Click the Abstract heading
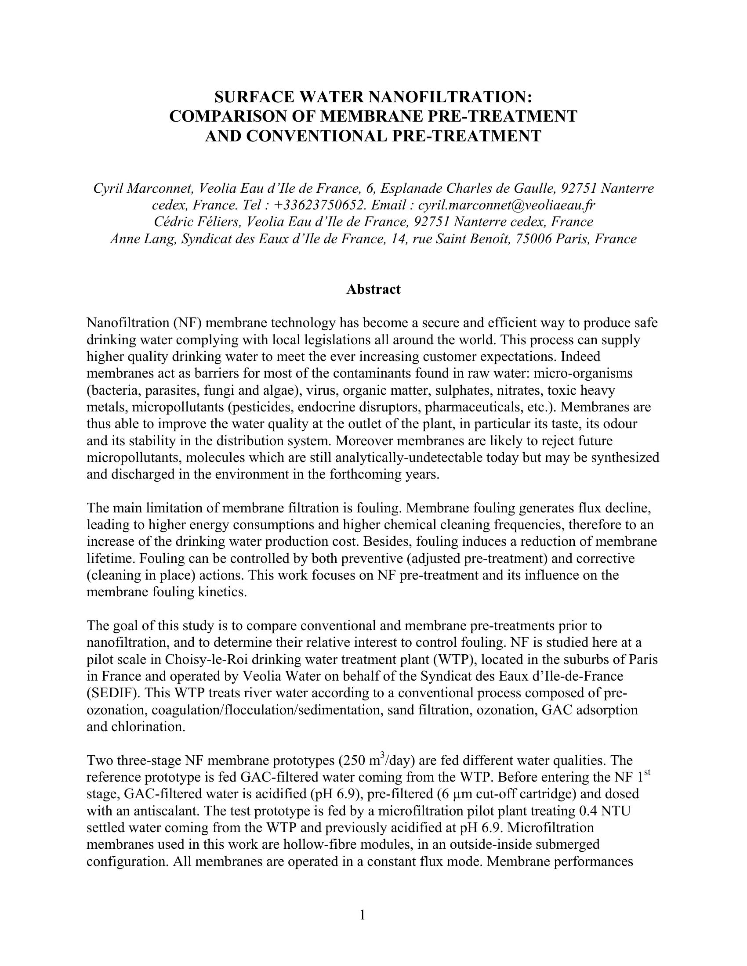pyautogui.click(x=373, y=289)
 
